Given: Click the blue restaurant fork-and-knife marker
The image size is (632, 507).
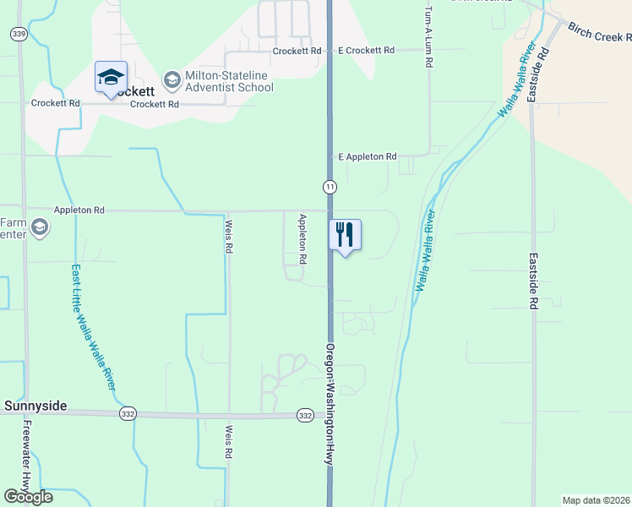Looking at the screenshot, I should point(344,234).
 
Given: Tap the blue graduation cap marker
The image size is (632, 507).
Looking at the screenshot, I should point(111,77).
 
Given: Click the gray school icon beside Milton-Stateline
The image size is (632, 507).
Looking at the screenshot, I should point(172,80).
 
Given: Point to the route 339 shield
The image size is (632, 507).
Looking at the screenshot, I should point(19,33).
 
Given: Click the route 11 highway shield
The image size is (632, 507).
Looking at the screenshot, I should point(330,187).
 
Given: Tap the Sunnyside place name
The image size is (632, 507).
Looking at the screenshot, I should point(35,406).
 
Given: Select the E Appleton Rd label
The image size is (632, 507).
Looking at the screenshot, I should point(368,157).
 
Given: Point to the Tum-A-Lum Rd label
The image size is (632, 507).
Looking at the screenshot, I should point(428,35).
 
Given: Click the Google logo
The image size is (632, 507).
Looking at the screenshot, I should point(28,497).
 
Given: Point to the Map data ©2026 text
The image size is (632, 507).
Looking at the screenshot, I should point(597,500).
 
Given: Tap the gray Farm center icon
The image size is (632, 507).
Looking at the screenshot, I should point(40,227).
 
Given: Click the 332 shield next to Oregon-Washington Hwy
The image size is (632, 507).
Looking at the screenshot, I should point(305,416).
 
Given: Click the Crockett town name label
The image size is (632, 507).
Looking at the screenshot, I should point(135,91).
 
